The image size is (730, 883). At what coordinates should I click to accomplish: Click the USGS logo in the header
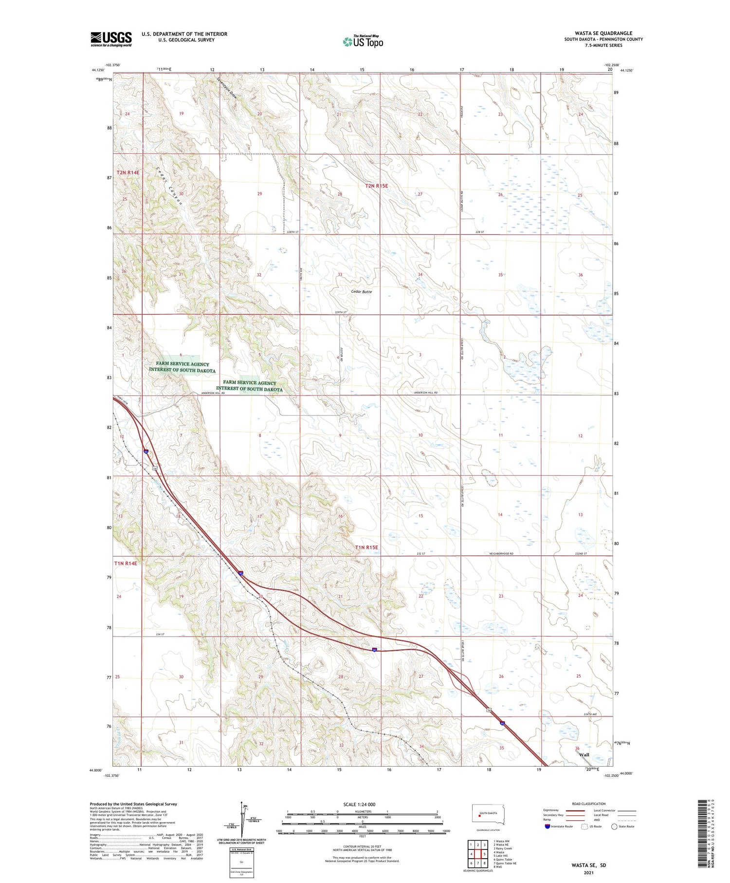pos(111,39)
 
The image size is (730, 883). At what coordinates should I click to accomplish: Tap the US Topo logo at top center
pos(363,42)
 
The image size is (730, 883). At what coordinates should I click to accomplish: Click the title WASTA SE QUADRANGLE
pos(603,33)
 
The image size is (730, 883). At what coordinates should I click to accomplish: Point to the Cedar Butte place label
pos(361,291)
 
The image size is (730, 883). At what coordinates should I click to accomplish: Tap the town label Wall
pos(584,755)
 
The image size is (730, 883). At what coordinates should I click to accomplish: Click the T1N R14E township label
pos(126,564)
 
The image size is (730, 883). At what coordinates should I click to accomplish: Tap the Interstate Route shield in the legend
pos(547,827)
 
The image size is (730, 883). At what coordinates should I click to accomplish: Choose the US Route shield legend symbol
pos(584,827)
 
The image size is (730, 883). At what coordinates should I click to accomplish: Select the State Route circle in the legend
pos(614,827)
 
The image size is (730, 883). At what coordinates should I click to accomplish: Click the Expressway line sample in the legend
pos(577,810)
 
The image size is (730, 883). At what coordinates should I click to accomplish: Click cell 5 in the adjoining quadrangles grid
pos(485,854)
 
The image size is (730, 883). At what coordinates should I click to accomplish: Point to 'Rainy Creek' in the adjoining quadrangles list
pos(503,848)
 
